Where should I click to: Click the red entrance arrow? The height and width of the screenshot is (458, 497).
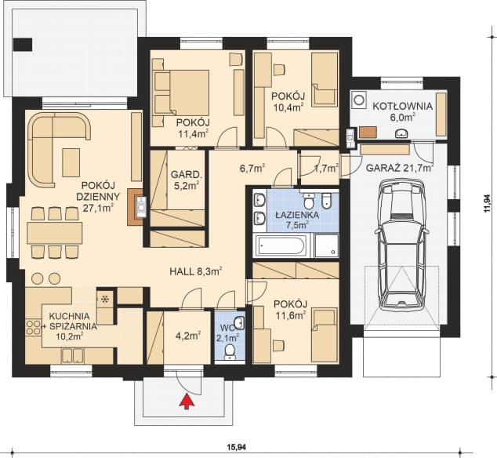[187, 401]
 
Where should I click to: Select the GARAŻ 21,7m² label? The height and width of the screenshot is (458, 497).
[399, 168]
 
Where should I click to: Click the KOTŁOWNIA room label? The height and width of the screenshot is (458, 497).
[403, 106]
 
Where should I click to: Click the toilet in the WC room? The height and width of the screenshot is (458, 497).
[230, 352]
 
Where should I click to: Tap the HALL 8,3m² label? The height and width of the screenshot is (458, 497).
[195, 271]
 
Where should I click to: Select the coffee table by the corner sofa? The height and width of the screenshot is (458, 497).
[71, 162]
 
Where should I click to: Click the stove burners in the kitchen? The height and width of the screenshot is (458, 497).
[33, 328]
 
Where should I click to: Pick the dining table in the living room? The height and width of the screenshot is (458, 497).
[55, 233]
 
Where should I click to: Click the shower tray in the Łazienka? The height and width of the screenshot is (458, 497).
[326, 245]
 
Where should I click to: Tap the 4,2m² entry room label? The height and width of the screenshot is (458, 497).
[188, 336]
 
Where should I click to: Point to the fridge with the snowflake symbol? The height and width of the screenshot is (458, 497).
[104, 299]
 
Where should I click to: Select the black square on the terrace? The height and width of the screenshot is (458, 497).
[23, 45]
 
